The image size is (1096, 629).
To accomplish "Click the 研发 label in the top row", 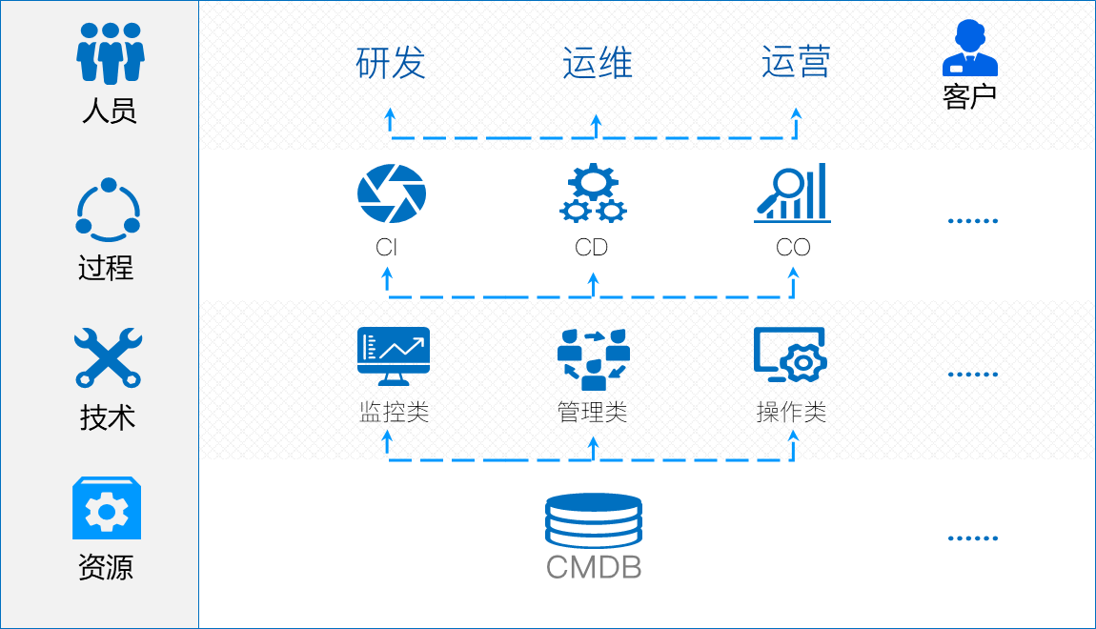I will [x=391, y=63].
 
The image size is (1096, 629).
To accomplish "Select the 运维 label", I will [x=597, y=63].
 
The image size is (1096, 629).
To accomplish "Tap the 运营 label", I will [x=796, y=62].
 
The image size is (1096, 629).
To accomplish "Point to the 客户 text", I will [x=969, y=96].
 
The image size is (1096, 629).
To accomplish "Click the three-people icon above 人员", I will [x=110, y=53].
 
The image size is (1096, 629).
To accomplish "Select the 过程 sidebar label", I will [x=106, y=268].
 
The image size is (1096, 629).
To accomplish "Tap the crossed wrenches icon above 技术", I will [x=108, y=357].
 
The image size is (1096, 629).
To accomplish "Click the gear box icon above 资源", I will [x=107, y=509].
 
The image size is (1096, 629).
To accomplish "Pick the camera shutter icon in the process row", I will [x=392, y=193].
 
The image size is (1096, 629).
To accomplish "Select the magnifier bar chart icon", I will [x=792, y=193].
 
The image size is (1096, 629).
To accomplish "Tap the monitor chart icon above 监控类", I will [x=393, y=355].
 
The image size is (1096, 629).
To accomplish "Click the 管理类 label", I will [x=592, y=413].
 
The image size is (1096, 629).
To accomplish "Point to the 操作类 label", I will [x=791, y=413].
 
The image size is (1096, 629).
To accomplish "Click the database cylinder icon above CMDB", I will [x=593, y=520].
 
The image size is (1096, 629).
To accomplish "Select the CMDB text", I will [x=593, y=568].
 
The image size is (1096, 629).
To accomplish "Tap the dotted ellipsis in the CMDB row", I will [x=972, y=538].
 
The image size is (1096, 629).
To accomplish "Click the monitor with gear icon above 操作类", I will [x=790, y=355].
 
